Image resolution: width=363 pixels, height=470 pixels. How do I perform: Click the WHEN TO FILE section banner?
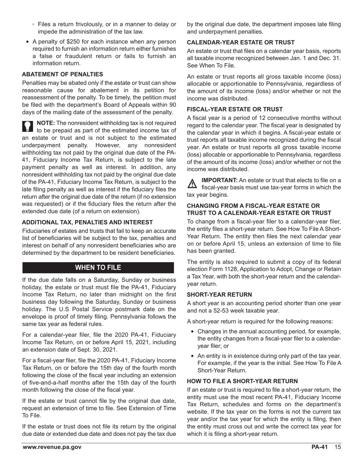(98, 267)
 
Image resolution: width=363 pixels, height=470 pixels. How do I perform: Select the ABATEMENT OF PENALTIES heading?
(62, 74)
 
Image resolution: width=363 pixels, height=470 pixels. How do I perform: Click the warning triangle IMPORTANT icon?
(192, 183)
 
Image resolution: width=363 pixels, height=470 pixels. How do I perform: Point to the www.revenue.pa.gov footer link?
(52, 447)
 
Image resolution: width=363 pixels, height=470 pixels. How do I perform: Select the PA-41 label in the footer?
(319, 447)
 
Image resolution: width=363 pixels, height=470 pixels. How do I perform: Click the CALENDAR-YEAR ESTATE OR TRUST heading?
(240, 42)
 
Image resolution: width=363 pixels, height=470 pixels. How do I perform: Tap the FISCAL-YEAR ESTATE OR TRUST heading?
(235, 109)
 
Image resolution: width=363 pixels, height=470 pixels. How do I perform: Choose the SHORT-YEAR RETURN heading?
(219, 295)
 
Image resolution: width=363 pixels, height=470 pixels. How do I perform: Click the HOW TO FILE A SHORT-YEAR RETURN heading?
(242, 381)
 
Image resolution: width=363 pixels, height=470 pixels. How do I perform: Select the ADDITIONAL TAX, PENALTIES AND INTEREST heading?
(87, 222)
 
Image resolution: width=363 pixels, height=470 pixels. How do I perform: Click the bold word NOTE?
(45, 123)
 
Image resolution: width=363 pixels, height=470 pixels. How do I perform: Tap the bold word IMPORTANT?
(219, 180)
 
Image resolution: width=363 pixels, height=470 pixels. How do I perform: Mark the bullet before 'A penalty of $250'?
(28, 42)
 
